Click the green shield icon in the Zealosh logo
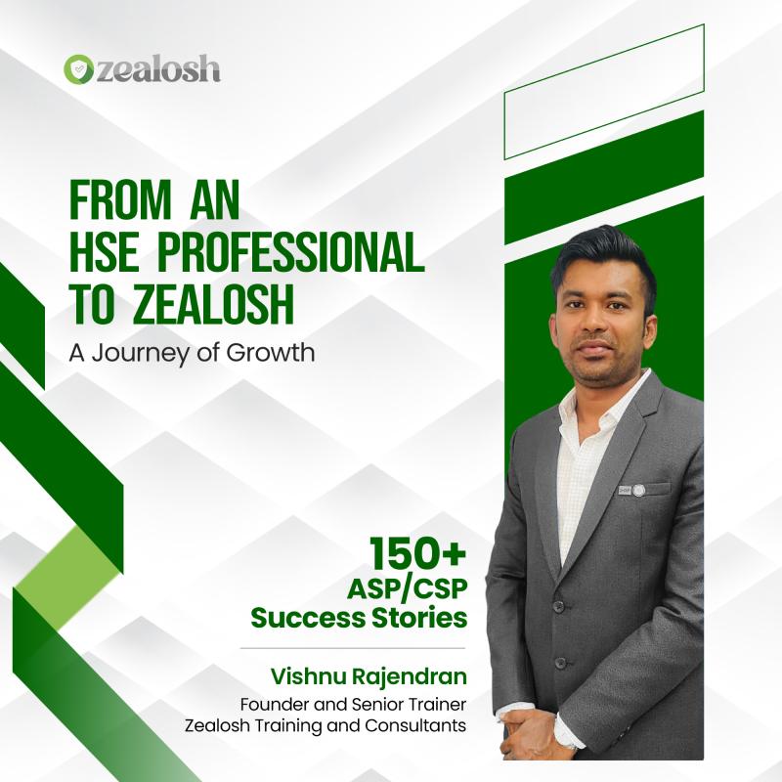[x=79, y=68]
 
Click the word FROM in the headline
[x=120, y=200]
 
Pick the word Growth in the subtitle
[x=271, y=352]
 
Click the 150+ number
[x=417, y=554]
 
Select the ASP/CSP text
[x=407, y=589]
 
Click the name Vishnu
[x=308, y=676]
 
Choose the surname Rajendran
[x=410, y=677]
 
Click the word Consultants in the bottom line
[x=415, y=725]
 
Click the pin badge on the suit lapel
[x=631, y=490]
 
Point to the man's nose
[x=599, y=322]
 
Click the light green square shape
[x=66, y=578]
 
